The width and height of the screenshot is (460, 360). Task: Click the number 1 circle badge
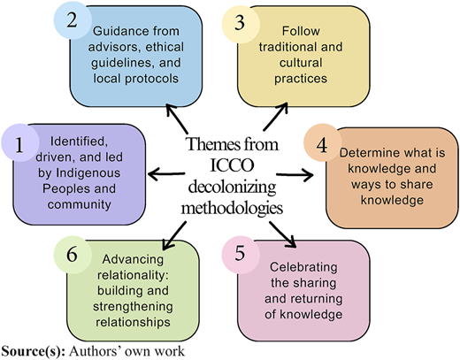click(20, 142)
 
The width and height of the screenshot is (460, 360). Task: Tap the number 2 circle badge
click(73, 20)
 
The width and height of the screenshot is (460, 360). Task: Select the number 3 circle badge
click(241, 24)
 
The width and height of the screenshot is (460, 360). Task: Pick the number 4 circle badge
click(322, 142)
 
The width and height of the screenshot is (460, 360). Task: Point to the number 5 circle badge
click(241, 255)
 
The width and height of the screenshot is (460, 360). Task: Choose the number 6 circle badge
click(73, 255)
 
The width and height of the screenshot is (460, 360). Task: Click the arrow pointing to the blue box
click(177, 119)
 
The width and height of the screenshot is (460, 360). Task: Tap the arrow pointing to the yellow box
click(275, 117)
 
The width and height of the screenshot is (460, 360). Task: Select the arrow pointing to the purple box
click(166, 173)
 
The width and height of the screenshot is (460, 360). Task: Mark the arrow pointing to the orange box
click(295, 175)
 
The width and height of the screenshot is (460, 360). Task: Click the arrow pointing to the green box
click(174, 236)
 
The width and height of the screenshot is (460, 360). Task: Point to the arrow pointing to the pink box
click(282, 234)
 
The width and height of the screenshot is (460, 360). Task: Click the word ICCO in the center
click(232, 165)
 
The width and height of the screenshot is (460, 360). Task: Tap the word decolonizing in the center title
click(232, 187)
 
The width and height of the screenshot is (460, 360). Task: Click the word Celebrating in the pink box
click(303, 268)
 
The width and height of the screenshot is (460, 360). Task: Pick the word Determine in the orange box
click(366, 153)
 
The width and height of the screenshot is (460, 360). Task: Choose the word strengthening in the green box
click(133, 307)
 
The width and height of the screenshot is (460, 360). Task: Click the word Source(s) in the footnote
click(34, 351)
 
